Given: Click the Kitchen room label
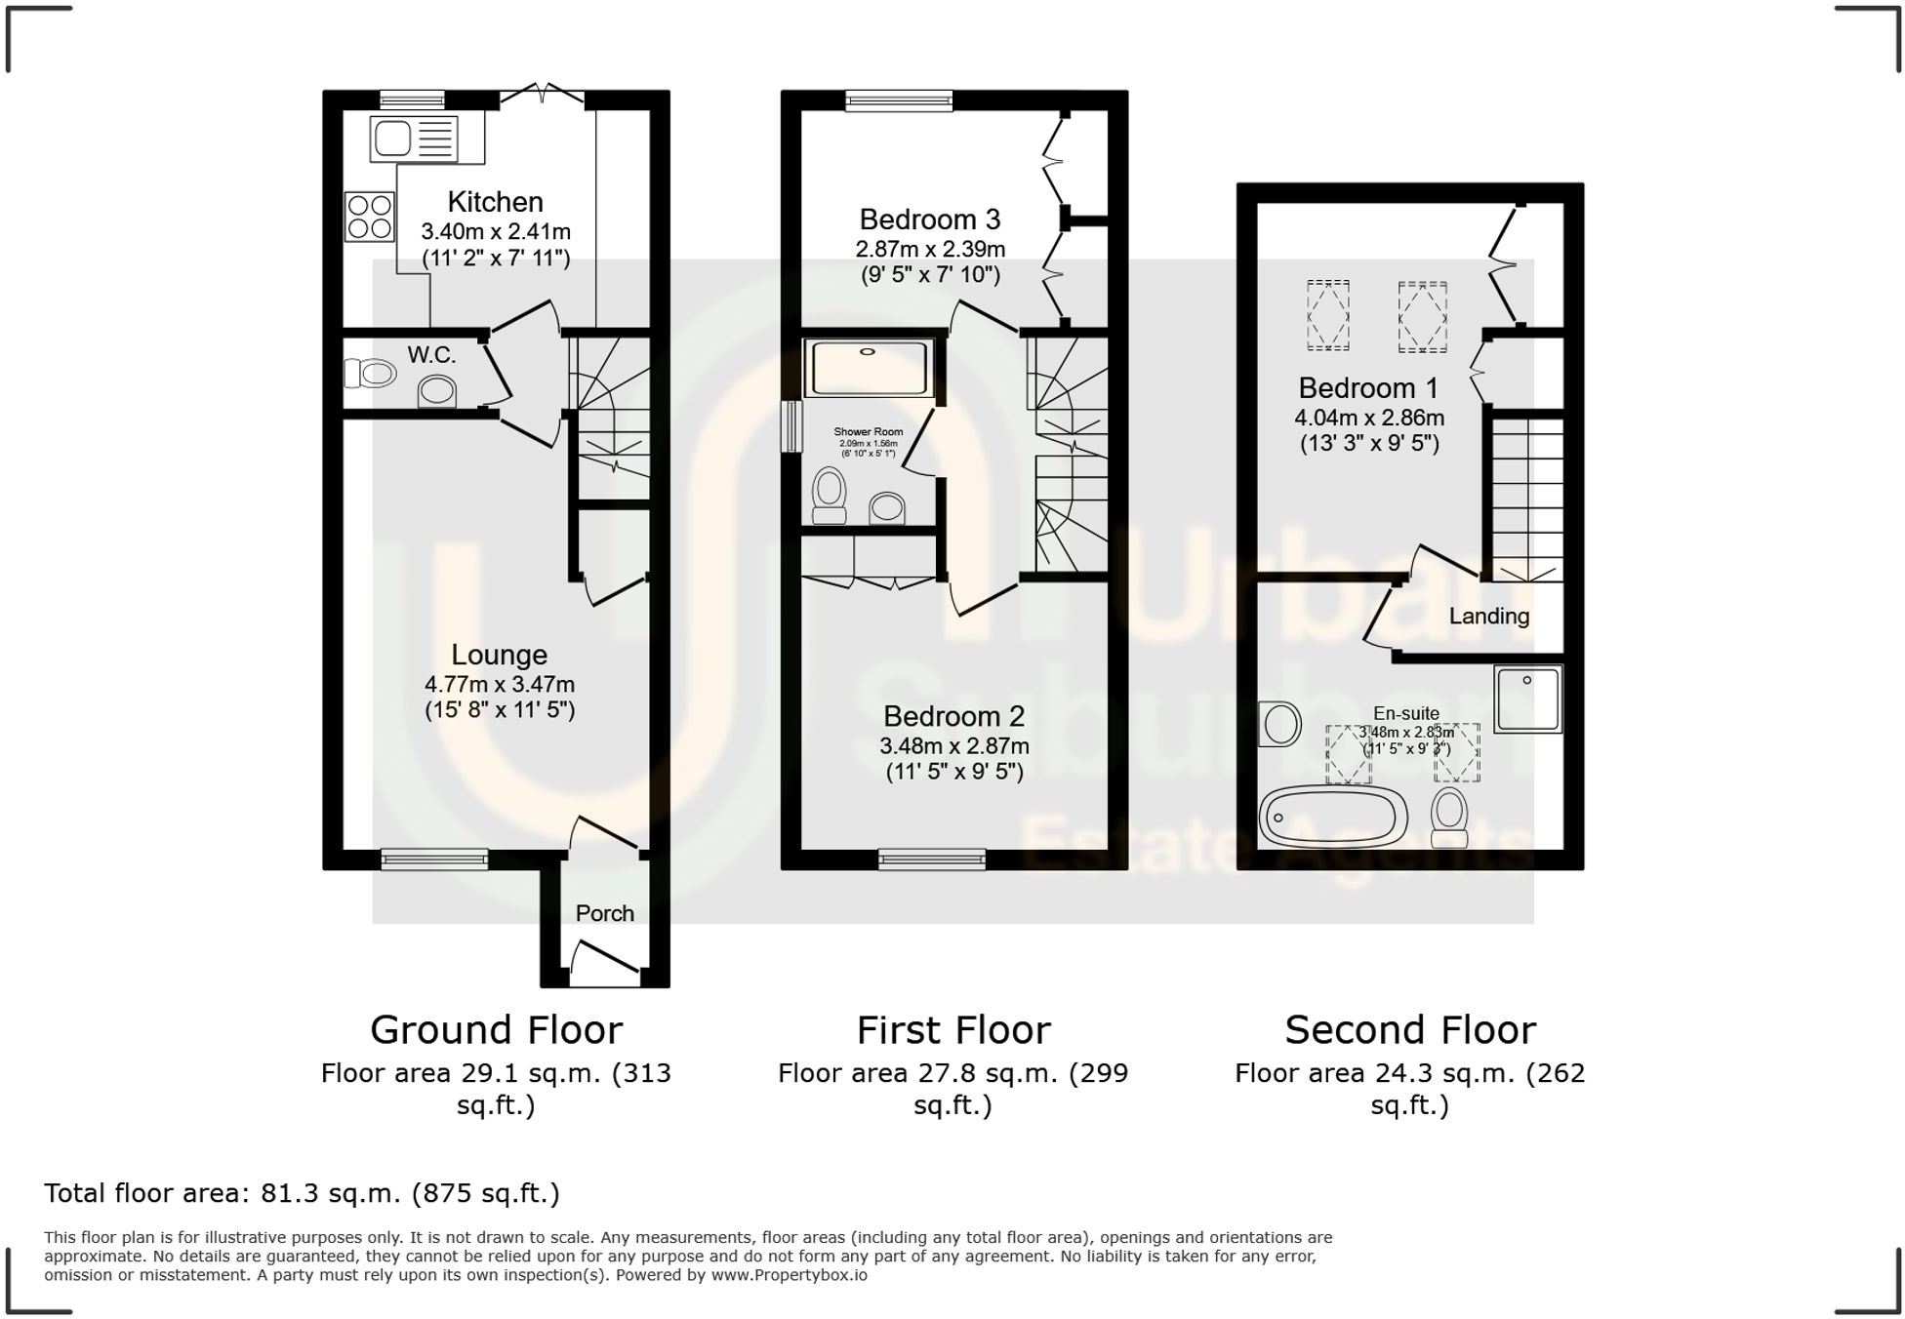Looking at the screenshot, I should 495,202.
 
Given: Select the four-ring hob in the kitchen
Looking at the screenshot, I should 369,217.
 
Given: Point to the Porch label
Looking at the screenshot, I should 604,913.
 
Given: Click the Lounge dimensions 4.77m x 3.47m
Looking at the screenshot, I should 499,684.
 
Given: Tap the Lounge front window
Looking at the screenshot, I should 434,859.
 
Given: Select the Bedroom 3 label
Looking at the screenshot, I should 929,220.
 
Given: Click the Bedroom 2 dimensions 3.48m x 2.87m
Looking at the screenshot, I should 953,746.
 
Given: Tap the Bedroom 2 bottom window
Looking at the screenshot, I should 931,859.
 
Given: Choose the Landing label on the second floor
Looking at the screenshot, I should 1488,616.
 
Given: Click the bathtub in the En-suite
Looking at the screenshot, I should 1333,817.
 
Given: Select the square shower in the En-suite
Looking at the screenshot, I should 1527,699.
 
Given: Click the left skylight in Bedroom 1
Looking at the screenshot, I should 1327,314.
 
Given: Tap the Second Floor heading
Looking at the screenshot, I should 1409,1029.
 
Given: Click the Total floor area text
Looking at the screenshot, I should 302,1193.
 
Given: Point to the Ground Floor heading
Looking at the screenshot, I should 496,1029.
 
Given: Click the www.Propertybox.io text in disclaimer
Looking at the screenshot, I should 789,1275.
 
